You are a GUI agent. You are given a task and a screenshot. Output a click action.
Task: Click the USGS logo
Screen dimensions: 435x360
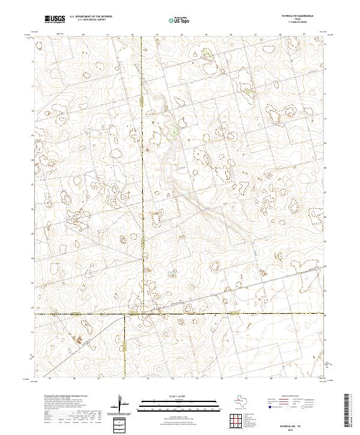point(55,19)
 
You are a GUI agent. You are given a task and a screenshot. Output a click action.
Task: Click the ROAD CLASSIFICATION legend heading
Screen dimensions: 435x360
point(289,397)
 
